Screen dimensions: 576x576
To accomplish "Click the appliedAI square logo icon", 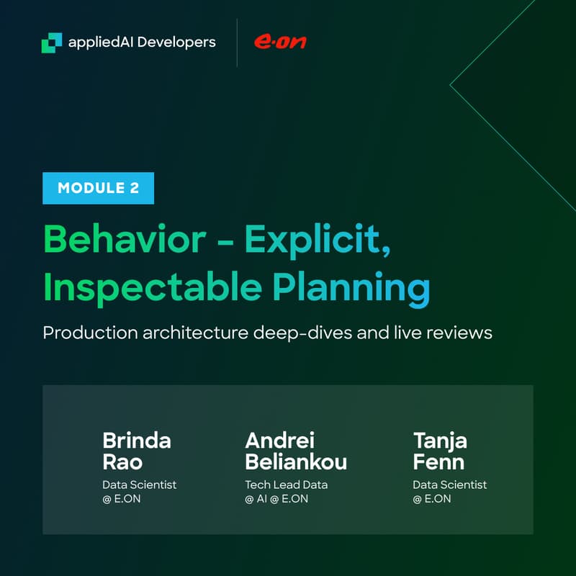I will [52, 42].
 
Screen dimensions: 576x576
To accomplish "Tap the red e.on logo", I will [279, 42].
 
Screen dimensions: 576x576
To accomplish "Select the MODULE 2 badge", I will [98, 189].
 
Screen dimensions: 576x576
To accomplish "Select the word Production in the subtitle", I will [84, 333].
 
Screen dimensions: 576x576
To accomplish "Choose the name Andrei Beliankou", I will [296, 450].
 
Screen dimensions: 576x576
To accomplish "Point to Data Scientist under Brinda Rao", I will [139, 485].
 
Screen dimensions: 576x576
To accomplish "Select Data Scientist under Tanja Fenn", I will [449, 485].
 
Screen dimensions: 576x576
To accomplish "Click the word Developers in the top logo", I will [176, 42].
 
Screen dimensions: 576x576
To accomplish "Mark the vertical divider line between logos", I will [237, 43].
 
